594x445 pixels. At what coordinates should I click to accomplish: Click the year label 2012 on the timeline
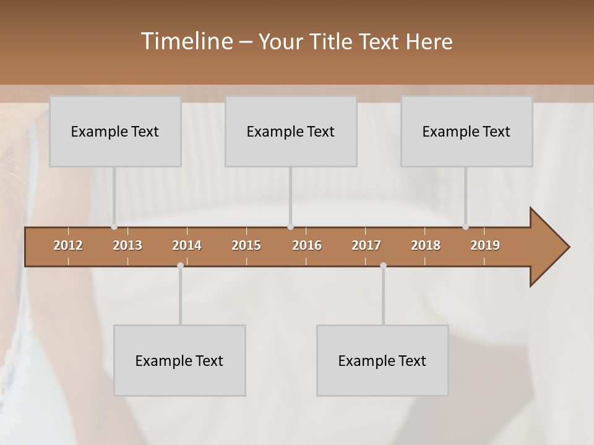[68, 245]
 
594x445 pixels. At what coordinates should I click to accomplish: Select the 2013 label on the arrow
[127, 245]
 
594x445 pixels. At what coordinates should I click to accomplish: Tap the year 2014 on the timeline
[187, 245]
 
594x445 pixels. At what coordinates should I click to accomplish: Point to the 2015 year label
[246, 245]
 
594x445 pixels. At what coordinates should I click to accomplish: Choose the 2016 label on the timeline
[307, 245]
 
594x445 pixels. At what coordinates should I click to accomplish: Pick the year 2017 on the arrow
[366, 245]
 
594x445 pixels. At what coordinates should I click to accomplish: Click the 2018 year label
[426, 245]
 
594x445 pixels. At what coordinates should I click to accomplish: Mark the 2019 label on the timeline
[485, 245]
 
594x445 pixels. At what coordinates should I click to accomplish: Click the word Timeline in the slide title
[186, 41]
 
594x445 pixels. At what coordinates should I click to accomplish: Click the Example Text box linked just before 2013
[115, 131]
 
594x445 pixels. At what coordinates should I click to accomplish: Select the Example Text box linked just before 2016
[291, 131]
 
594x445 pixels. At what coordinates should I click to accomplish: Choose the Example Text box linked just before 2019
[467, 131]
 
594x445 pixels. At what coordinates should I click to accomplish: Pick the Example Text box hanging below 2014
[179, 360]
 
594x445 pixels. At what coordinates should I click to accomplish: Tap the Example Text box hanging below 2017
[382, 360]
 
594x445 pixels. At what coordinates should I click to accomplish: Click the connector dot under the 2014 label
[180, 265]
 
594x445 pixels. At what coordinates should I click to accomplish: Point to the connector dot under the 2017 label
[383, 265]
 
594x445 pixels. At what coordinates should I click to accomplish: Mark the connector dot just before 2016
[291, 227]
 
